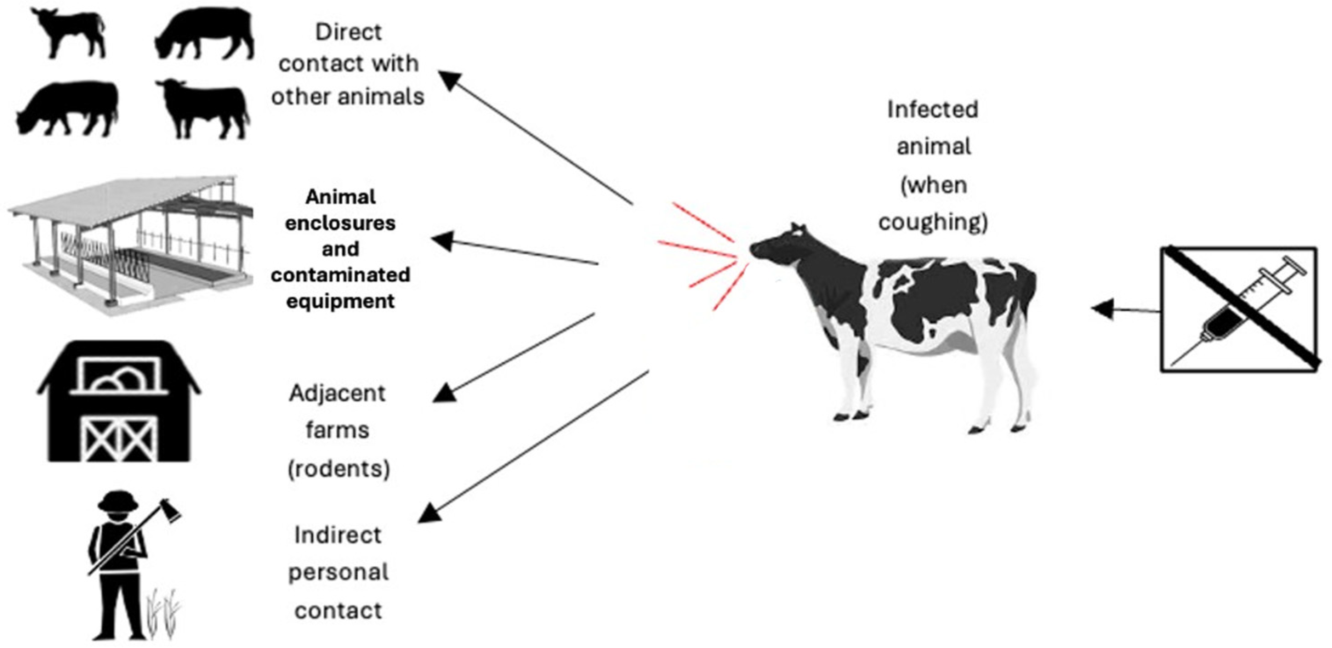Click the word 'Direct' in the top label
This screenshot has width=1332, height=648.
point(349,32)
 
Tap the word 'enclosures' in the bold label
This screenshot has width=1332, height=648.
point(340,223)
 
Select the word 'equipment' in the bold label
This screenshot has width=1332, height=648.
point(340,301)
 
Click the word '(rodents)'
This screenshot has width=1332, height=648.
point(339,468)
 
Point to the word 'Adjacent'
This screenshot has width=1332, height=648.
point(337,393)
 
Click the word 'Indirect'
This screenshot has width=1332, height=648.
point(338,535)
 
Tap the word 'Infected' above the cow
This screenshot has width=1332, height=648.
point(933,110)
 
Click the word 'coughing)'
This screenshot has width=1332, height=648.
point(933,222)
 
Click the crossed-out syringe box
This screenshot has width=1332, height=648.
point(1239,309)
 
